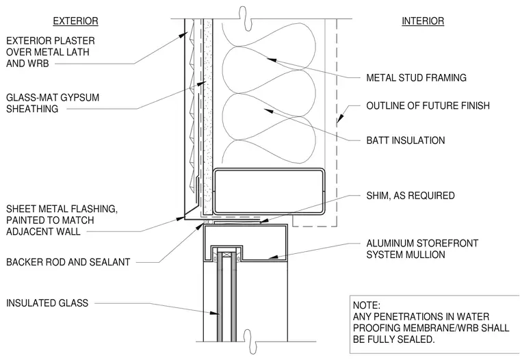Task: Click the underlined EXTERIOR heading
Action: (x=76, y=21)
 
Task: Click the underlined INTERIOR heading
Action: (x=423, y=21)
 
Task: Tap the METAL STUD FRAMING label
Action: (x=416, y=77)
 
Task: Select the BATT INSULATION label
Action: (x=406, y=140)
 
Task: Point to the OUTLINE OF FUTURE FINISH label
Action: (x=428, y=106)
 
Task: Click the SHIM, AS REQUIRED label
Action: (x=411, y=196)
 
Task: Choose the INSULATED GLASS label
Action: (x=47, y=303)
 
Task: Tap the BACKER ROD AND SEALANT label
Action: (x=68, y=262)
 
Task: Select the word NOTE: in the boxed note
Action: (x=367, y=305)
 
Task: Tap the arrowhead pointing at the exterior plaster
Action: (x=182, y=35)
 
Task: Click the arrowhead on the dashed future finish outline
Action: (x=339, y=119)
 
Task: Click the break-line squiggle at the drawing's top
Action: (x=245, y=18)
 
